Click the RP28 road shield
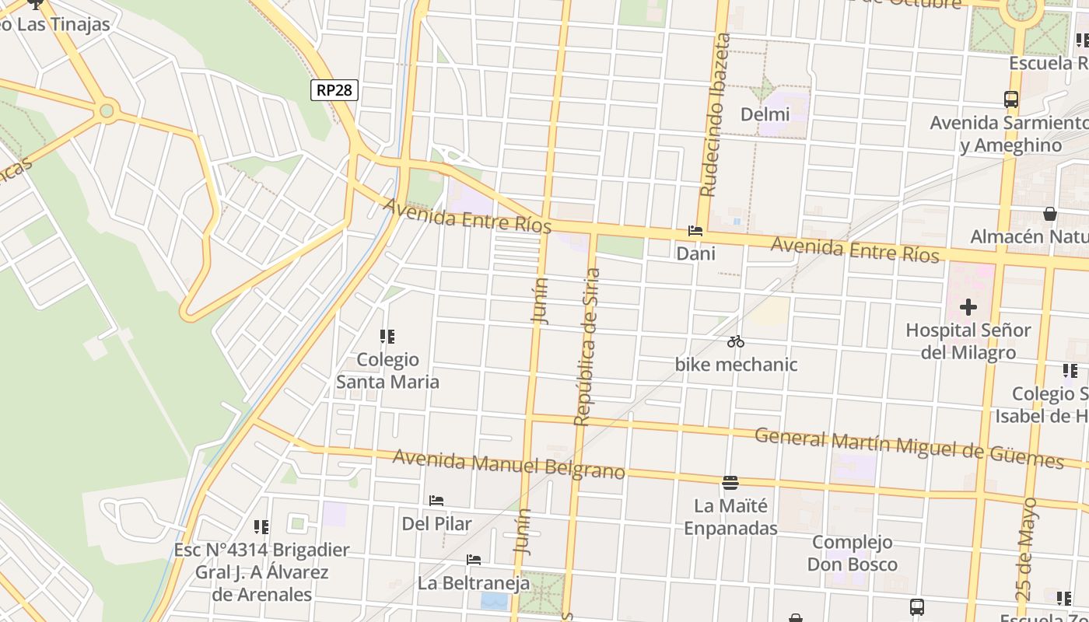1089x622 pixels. (334, 90)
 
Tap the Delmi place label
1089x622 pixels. (765, 114)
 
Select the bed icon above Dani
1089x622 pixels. (695, 231)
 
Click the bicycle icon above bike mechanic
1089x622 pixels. (736, 341)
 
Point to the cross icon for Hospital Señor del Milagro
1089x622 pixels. (968, 307)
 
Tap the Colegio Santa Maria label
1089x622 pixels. (387, 371)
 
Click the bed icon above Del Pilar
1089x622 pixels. (436, 501)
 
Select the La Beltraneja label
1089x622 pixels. (474, 582)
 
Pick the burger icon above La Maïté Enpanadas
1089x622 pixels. (730, 483)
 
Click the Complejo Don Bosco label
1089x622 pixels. (853, 553)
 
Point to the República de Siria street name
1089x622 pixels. (587, 347)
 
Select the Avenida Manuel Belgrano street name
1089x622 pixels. (509, 464)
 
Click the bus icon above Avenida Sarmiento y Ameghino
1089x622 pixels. (1011, 100)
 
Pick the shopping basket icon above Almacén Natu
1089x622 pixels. (1050, 213)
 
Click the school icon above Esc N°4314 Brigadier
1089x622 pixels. (261, 527)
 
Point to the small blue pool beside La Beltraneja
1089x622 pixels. (494, 601)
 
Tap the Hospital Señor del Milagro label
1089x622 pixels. (968, 341)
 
